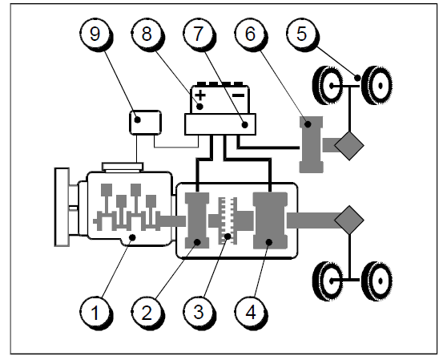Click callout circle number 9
click(x=95, y=34)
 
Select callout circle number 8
click(x=147, y=34)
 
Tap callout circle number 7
click(x=198, y=34)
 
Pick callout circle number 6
click(x=250, y=34)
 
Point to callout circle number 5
click(x=302, y=34)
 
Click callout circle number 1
click(x=95, y=313)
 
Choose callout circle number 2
click(x=147, y=313)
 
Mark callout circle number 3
click(x=198, y=313)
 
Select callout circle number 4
click(x=250, y=313)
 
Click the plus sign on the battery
click(x=201, y=95)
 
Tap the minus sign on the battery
click(x=239, y=95)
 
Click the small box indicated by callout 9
click(x=145, y=123)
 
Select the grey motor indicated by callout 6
click(x=312, y=144)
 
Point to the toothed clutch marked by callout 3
click(x=228, y=220)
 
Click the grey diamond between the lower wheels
click(x=349, y=220)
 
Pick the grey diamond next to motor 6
click(x=349, y=146)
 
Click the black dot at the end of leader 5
click(x=357, y=77)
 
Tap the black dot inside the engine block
click(x=132, y=237)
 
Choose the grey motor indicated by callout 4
click(x=270, y=220)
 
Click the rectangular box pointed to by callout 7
click(x=220, y=124)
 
